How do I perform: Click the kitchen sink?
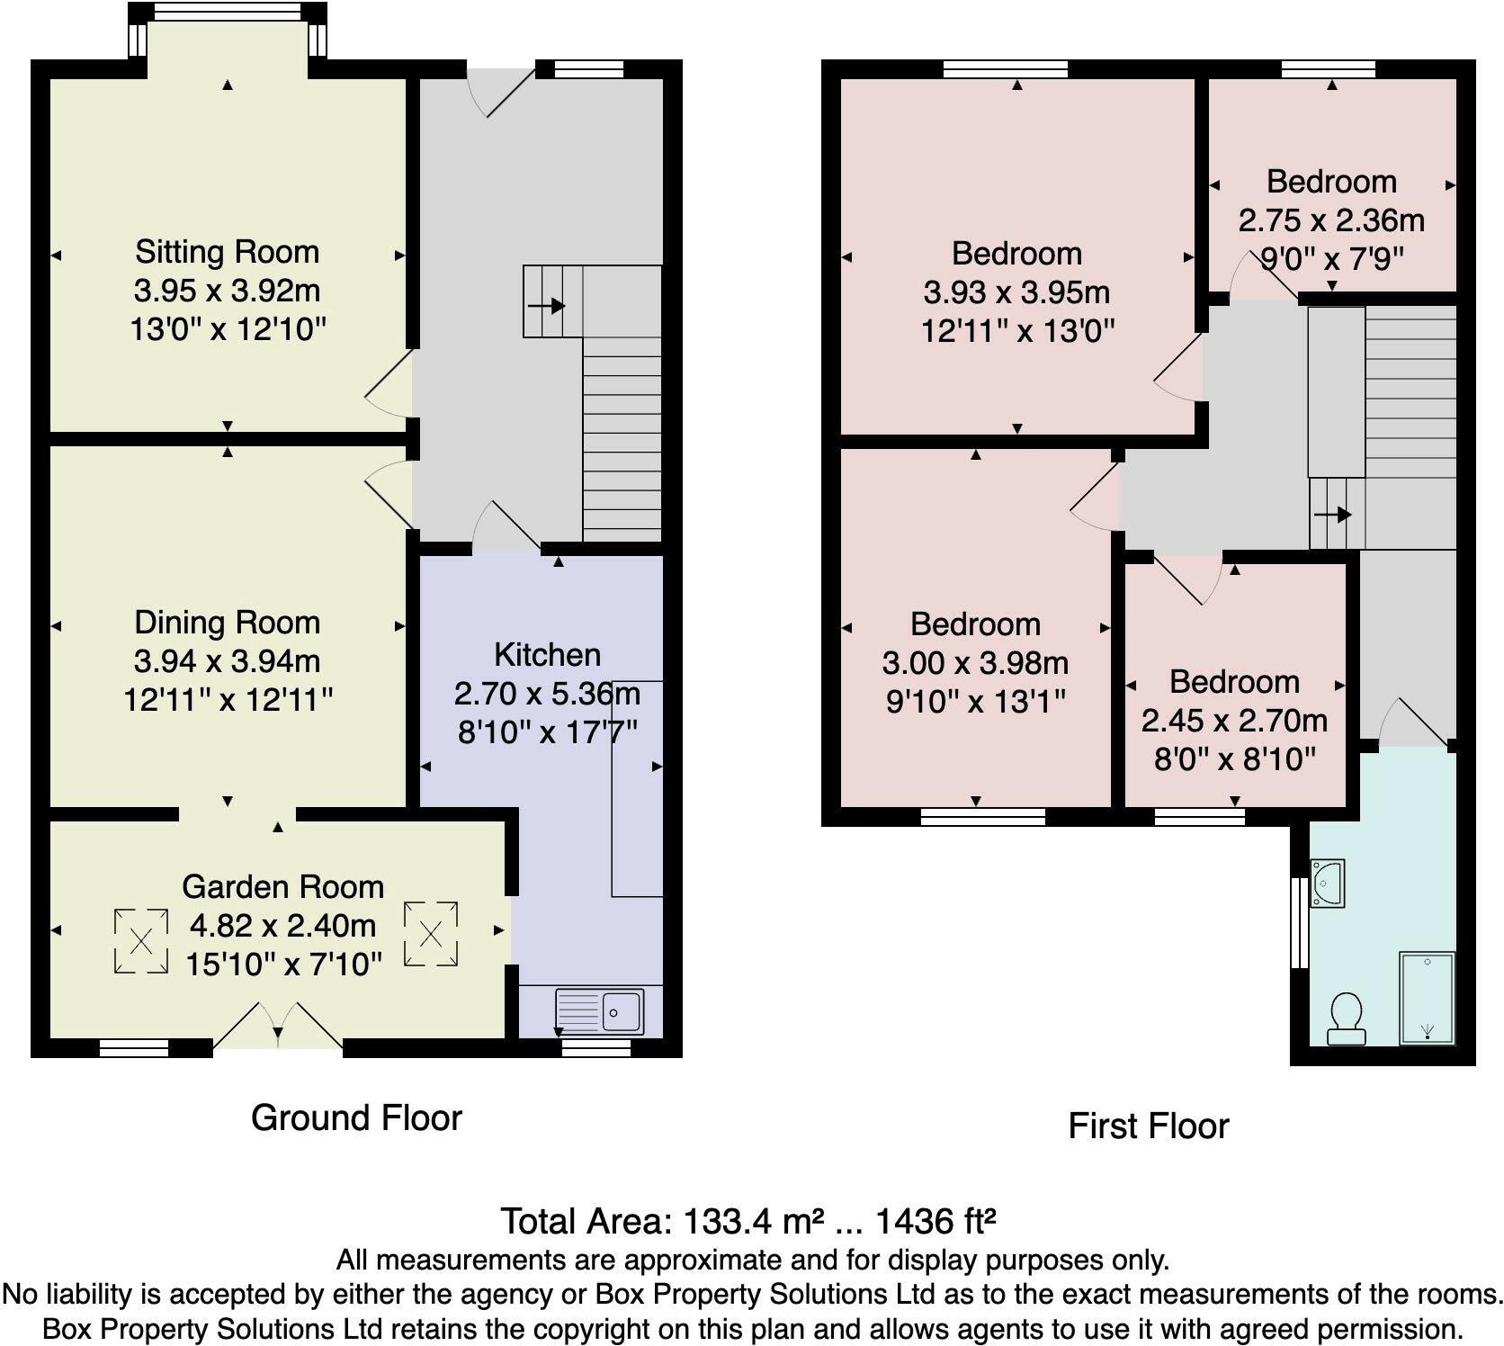599,1011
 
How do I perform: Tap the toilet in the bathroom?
1347,1018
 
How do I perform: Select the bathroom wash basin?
1327,883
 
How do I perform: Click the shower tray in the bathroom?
1427,999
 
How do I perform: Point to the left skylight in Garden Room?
141,941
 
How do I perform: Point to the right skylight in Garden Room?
431,935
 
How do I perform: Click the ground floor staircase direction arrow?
546,306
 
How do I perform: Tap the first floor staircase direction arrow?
1332,515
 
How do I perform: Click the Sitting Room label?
228,252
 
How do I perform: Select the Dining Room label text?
228,623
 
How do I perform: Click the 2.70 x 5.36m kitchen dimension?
547,694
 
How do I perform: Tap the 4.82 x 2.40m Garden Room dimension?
282,926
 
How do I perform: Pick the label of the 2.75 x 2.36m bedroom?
1331,182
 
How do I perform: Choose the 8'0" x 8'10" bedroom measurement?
1234,759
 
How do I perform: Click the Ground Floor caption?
356,1117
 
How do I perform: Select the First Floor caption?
1148,1126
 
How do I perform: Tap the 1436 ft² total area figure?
936,1221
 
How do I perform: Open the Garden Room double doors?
278,1027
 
